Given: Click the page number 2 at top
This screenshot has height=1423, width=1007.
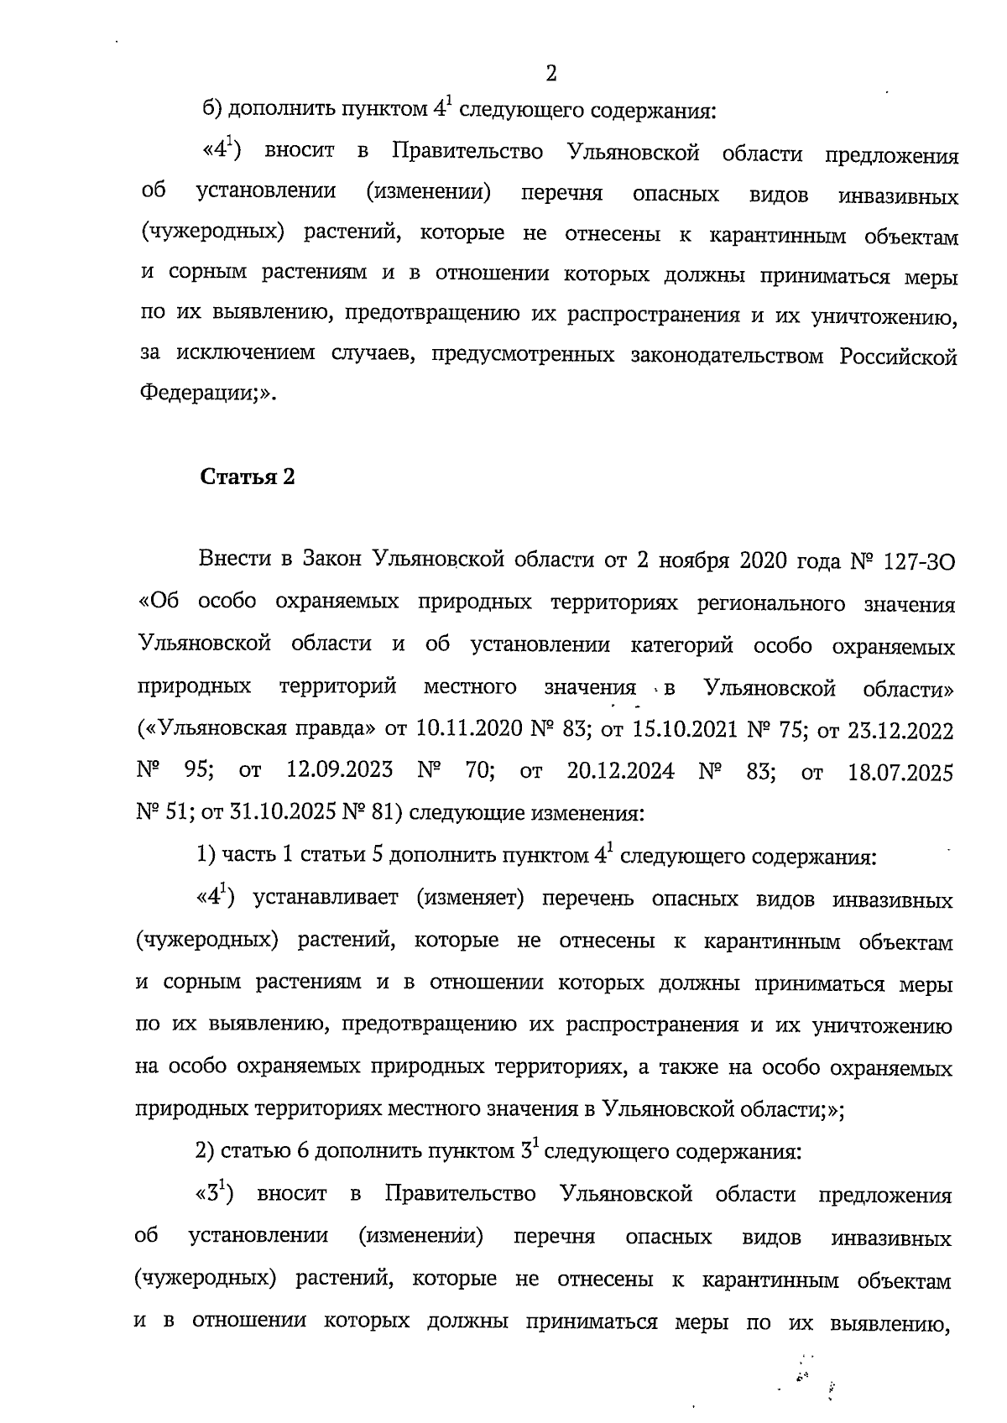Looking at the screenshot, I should point(551,74).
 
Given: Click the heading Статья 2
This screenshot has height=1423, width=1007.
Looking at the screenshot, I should point(248,477).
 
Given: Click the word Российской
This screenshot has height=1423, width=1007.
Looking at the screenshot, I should point(898,357).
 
